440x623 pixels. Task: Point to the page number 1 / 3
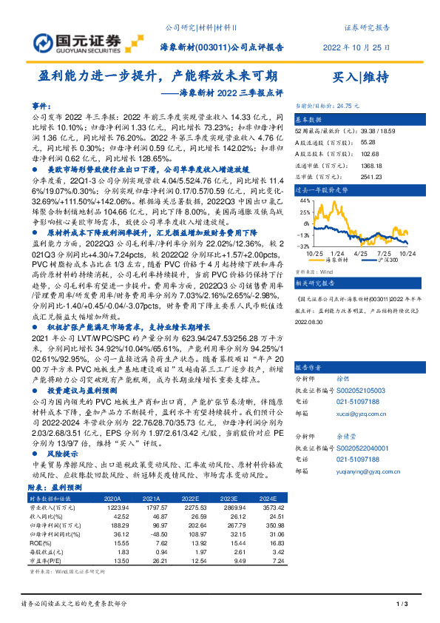(x=402, y=606)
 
